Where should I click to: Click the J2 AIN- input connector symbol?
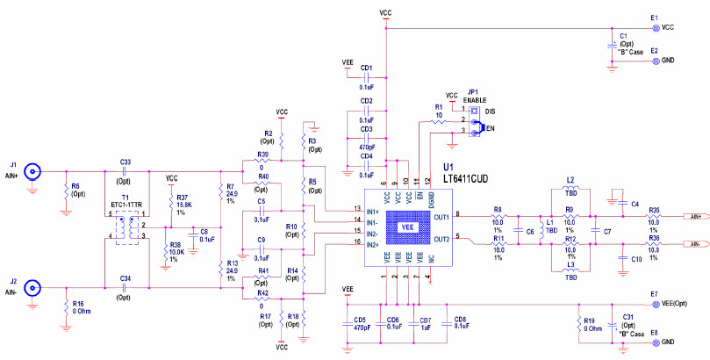pos(32,287)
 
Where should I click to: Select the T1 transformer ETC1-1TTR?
pos(126,227)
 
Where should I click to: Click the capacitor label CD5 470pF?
pos(358,323)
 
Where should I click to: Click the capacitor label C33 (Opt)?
pos(126,167)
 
